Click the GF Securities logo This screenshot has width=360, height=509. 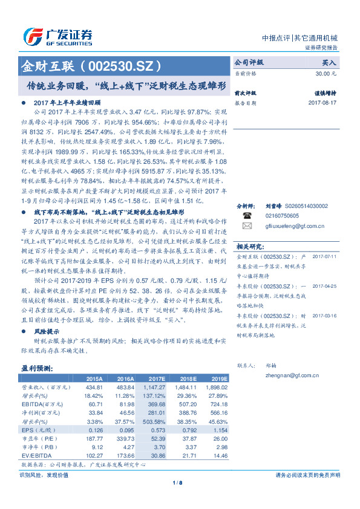pyautogui.click(x=57, y=37)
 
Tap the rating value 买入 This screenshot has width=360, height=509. pyautogui.click(x=329, y=62)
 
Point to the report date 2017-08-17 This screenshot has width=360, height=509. pyautogui.click(x=322, y=103)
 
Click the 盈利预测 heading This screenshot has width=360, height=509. pyautogui.click(x=37, y=368)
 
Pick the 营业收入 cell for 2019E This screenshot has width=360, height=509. pyautogui.click(x=216, y=386)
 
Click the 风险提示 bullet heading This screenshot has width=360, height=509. pyautogui.click(x=47, y=332)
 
